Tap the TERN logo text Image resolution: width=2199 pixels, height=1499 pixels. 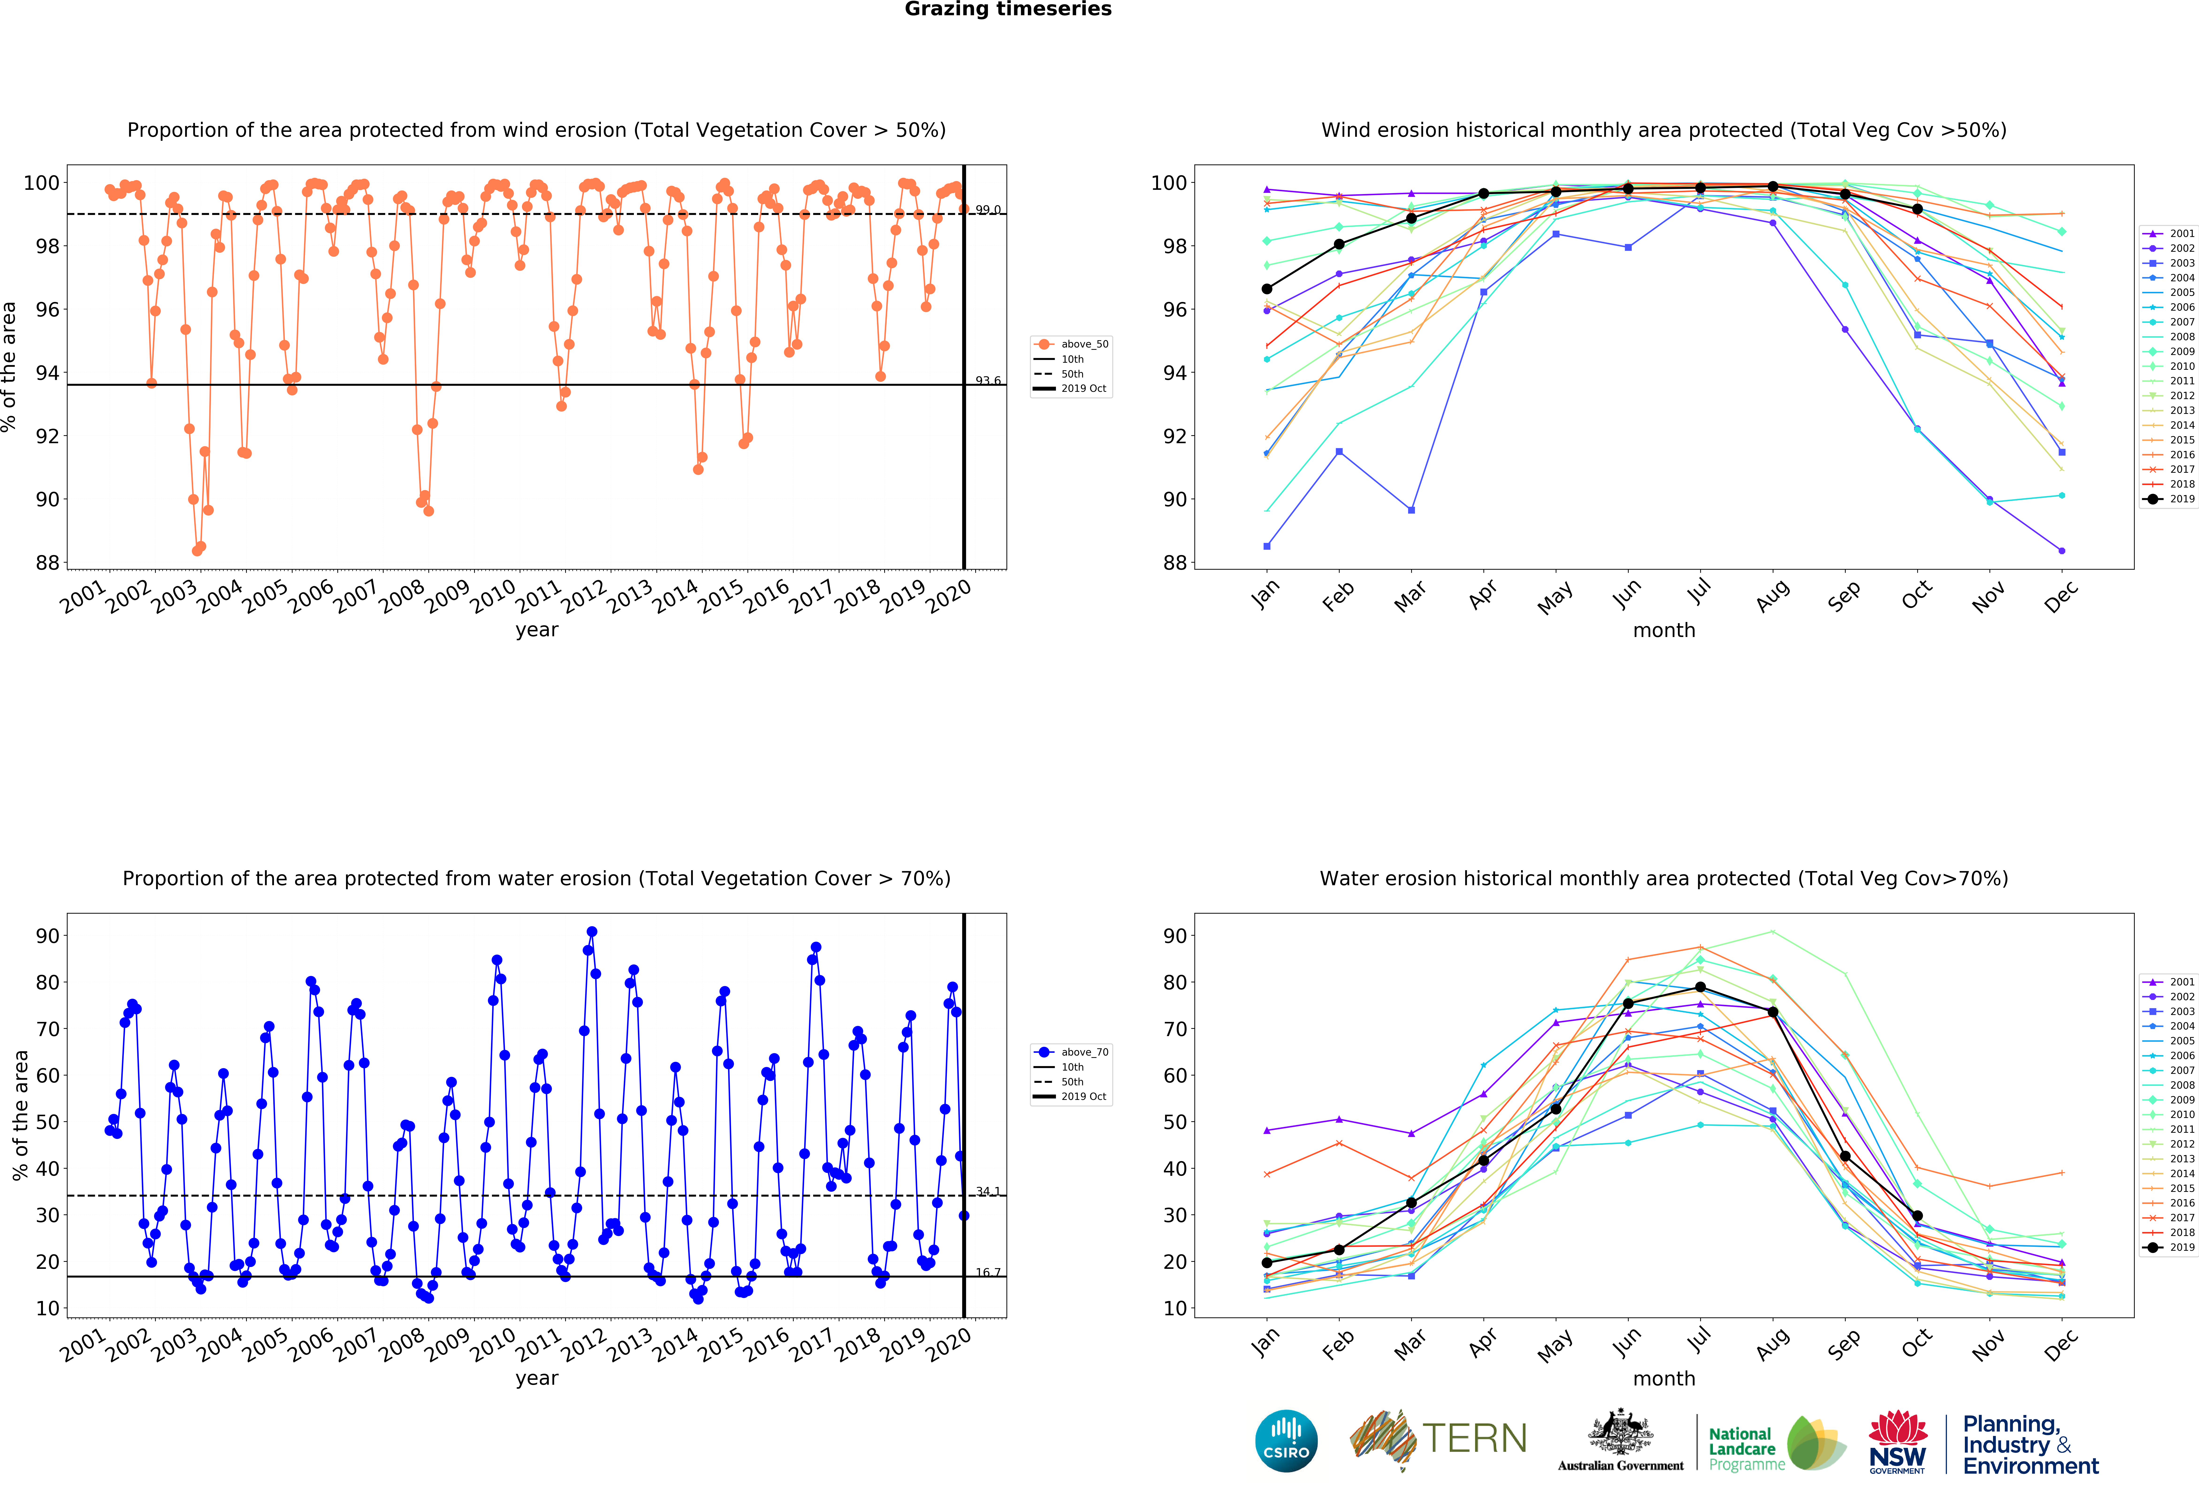click(x=1474, y=1438)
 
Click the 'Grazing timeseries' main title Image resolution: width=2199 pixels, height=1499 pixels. click(x=1008, y=9)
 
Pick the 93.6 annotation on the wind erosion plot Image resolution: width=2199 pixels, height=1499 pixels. click(x=988, y=380)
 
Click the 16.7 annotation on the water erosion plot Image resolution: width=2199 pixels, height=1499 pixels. click(x=988, y=1272)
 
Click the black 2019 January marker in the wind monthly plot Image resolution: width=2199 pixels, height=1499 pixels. click(x=1267, y=289)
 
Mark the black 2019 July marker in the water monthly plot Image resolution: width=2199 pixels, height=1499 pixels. click(x=1700, y=987)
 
